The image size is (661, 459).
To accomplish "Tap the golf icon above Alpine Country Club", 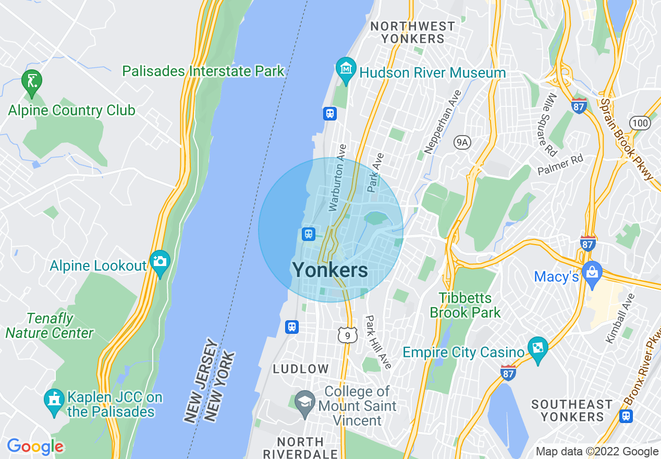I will pos(32,81).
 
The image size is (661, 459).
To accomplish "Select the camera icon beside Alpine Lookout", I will pos(160,260).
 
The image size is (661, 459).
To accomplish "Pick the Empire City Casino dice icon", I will pos(537,347).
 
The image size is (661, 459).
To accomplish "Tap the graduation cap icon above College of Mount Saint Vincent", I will pos(304,402).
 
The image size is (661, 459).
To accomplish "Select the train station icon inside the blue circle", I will pos(309,234).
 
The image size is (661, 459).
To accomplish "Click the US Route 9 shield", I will pos(347,335).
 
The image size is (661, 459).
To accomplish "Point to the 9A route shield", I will pos(462,142).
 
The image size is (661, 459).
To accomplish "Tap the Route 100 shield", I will pos(639,123).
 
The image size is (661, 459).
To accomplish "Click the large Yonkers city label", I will pos(330,270).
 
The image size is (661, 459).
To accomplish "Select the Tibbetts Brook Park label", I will pos(465,305).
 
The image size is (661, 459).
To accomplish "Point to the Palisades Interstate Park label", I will pos(203,71).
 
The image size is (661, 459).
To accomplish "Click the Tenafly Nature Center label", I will pos(50,325).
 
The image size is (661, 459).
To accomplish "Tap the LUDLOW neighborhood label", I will pos(301,369).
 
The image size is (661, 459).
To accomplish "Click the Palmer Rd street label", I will pos(560,165).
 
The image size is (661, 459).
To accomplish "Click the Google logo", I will pos(35,446).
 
